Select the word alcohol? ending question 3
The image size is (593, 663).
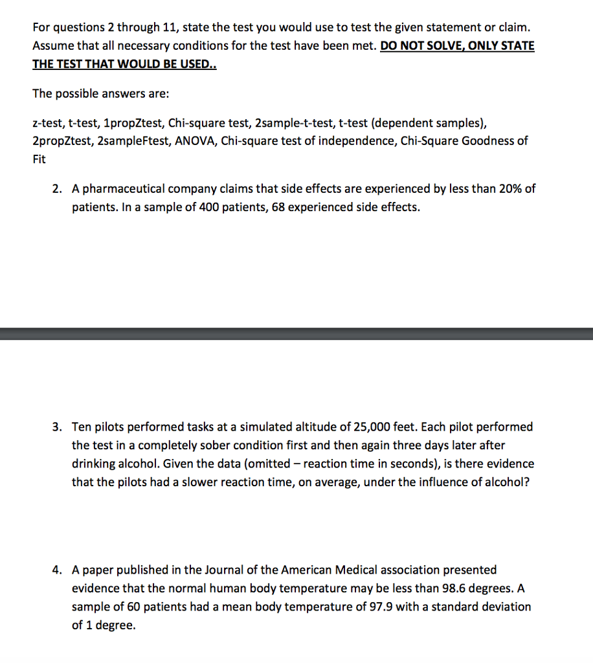click(508, 482)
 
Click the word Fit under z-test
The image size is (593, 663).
click(39, 159)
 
